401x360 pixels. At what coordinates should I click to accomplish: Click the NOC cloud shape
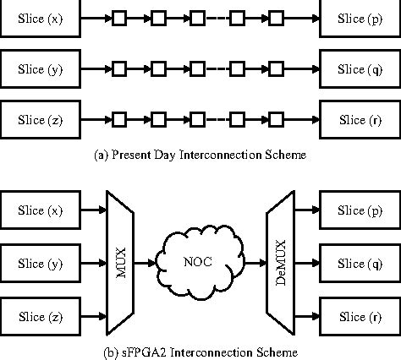(x=200, y=263)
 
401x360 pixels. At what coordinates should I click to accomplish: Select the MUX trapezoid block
(x=116, y=263)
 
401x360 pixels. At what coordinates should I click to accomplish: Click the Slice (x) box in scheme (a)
(x=40, y=19)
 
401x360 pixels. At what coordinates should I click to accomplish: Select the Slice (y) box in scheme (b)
(x=40, y=263)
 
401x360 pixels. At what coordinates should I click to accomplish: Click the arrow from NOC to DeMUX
(x=252, y=263)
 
